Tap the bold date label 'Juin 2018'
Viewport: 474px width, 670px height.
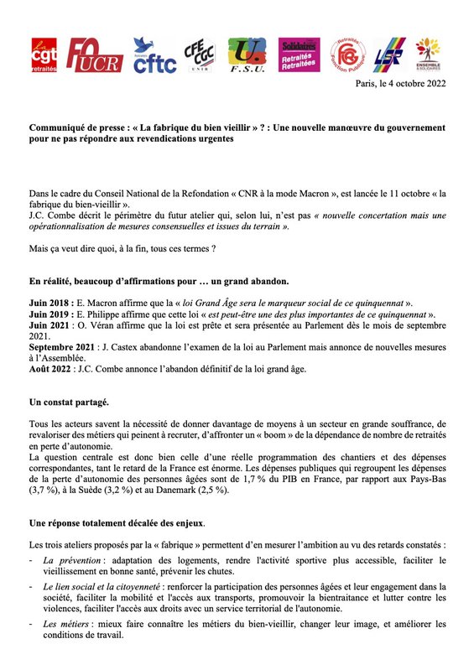(x=51, y=302)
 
